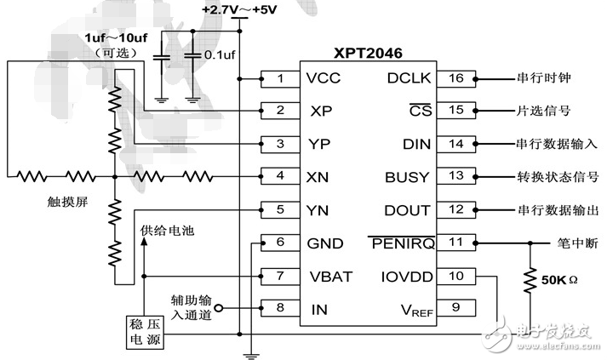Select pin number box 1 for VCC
pyautogui.click(x=280, y=80)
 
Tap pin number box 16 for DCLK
pyautogui.click(x=457, y=79)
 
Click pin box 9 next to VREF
pyautogui.click(x=457, y=308)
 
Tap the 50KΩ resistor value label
pyautogui.click(x=560, y=277)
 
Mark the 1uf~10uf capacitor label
pyautogui.click(x=115, y=39)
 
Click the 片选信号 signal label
pyautogui.click(x=542, y=111)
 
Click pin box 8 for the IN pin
pyautogui.click(x=280, y=309)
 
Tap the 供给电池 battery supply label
pyautogui.click(x=164, y=231)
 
